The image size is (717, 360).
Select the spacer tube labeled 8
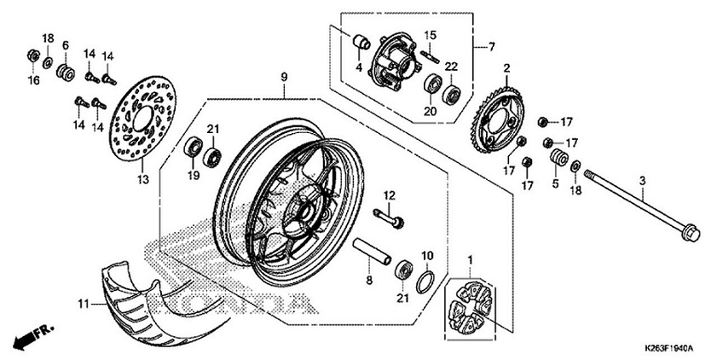376,253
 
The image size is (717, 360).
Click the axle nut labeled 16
32,57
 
